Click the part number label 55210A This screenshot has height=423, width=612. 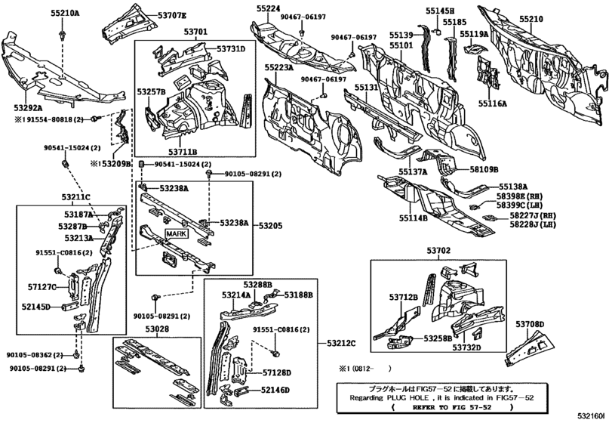pos(65,14)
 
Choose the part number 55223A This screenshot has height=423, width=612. pos(279,67)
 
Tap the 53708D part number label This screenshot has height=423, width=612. pos(530,324)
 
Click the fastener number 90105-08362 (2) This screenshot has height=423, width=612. pos(38,354)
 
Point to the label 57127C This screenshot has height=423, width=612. pos(42,287)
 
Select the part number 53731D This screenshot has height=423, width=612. pos(232,49)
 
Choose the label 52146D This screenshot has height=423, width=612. pos(276,390)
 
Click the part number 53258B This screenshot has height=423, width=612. pos(438,338)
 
